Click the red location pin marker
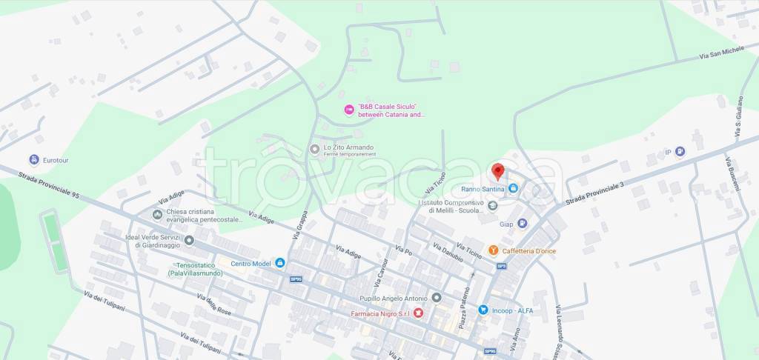pos(498,172)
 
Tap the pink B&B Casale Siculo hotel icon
pos(349,110)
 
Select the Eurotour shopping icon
pos(33,159)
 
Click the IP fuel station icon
pos(680,152)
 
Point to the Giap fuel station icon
pos(522,223)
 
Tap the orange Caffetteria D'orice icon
pos(493,251)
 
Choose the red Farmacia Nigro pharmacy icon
pos(418,313)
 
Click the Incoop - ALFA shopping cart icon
pos(483,310)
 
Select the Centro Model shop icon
pos(279,262)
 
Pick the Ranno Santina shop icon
pos(513,190)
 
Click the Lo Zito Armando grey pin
pos(316,149)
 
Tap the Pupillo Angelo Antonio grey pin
pos(437,298)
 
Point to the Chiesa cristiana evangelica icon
pos(157,215)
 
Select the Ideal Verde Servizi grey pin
pos(190,240)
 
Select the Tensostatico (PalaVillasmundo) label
pos(194,270)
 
